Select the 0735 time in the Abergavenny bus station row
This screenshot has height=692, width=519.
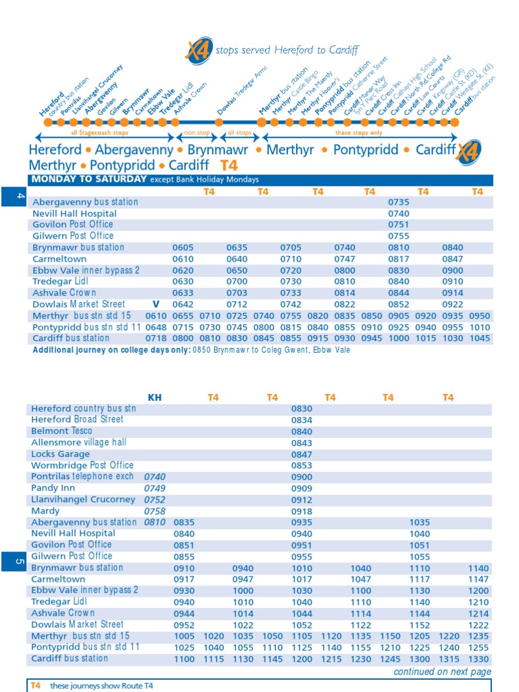(399, 202)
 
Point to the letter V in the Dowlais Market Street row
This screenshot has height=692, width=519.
(155, 305)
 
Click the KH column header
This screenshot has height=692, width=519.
(155, 397)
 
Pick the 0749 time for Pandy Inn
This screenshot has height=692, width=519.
(155, 488)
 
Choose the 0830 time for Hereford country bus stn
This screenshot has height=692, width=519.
(302, 409)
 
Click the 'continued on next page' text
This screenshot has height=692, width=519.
(442, 672)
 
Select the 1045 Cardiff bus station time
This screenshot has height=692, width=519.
(480, 339)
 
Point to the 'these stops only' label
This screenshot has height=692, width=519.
(358, 134)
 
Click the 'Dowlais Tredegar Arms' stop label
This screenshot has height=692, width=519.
(242, 91)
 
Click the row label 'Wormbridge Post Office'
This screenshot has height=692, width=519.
(82, 465)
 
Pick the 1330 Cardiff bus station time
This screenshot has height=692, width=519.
(478, 659)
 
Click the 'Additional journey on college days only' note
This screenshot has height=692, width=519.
(112, 350)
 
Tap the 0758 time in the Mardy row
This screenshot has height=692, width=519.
(155, 511)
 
